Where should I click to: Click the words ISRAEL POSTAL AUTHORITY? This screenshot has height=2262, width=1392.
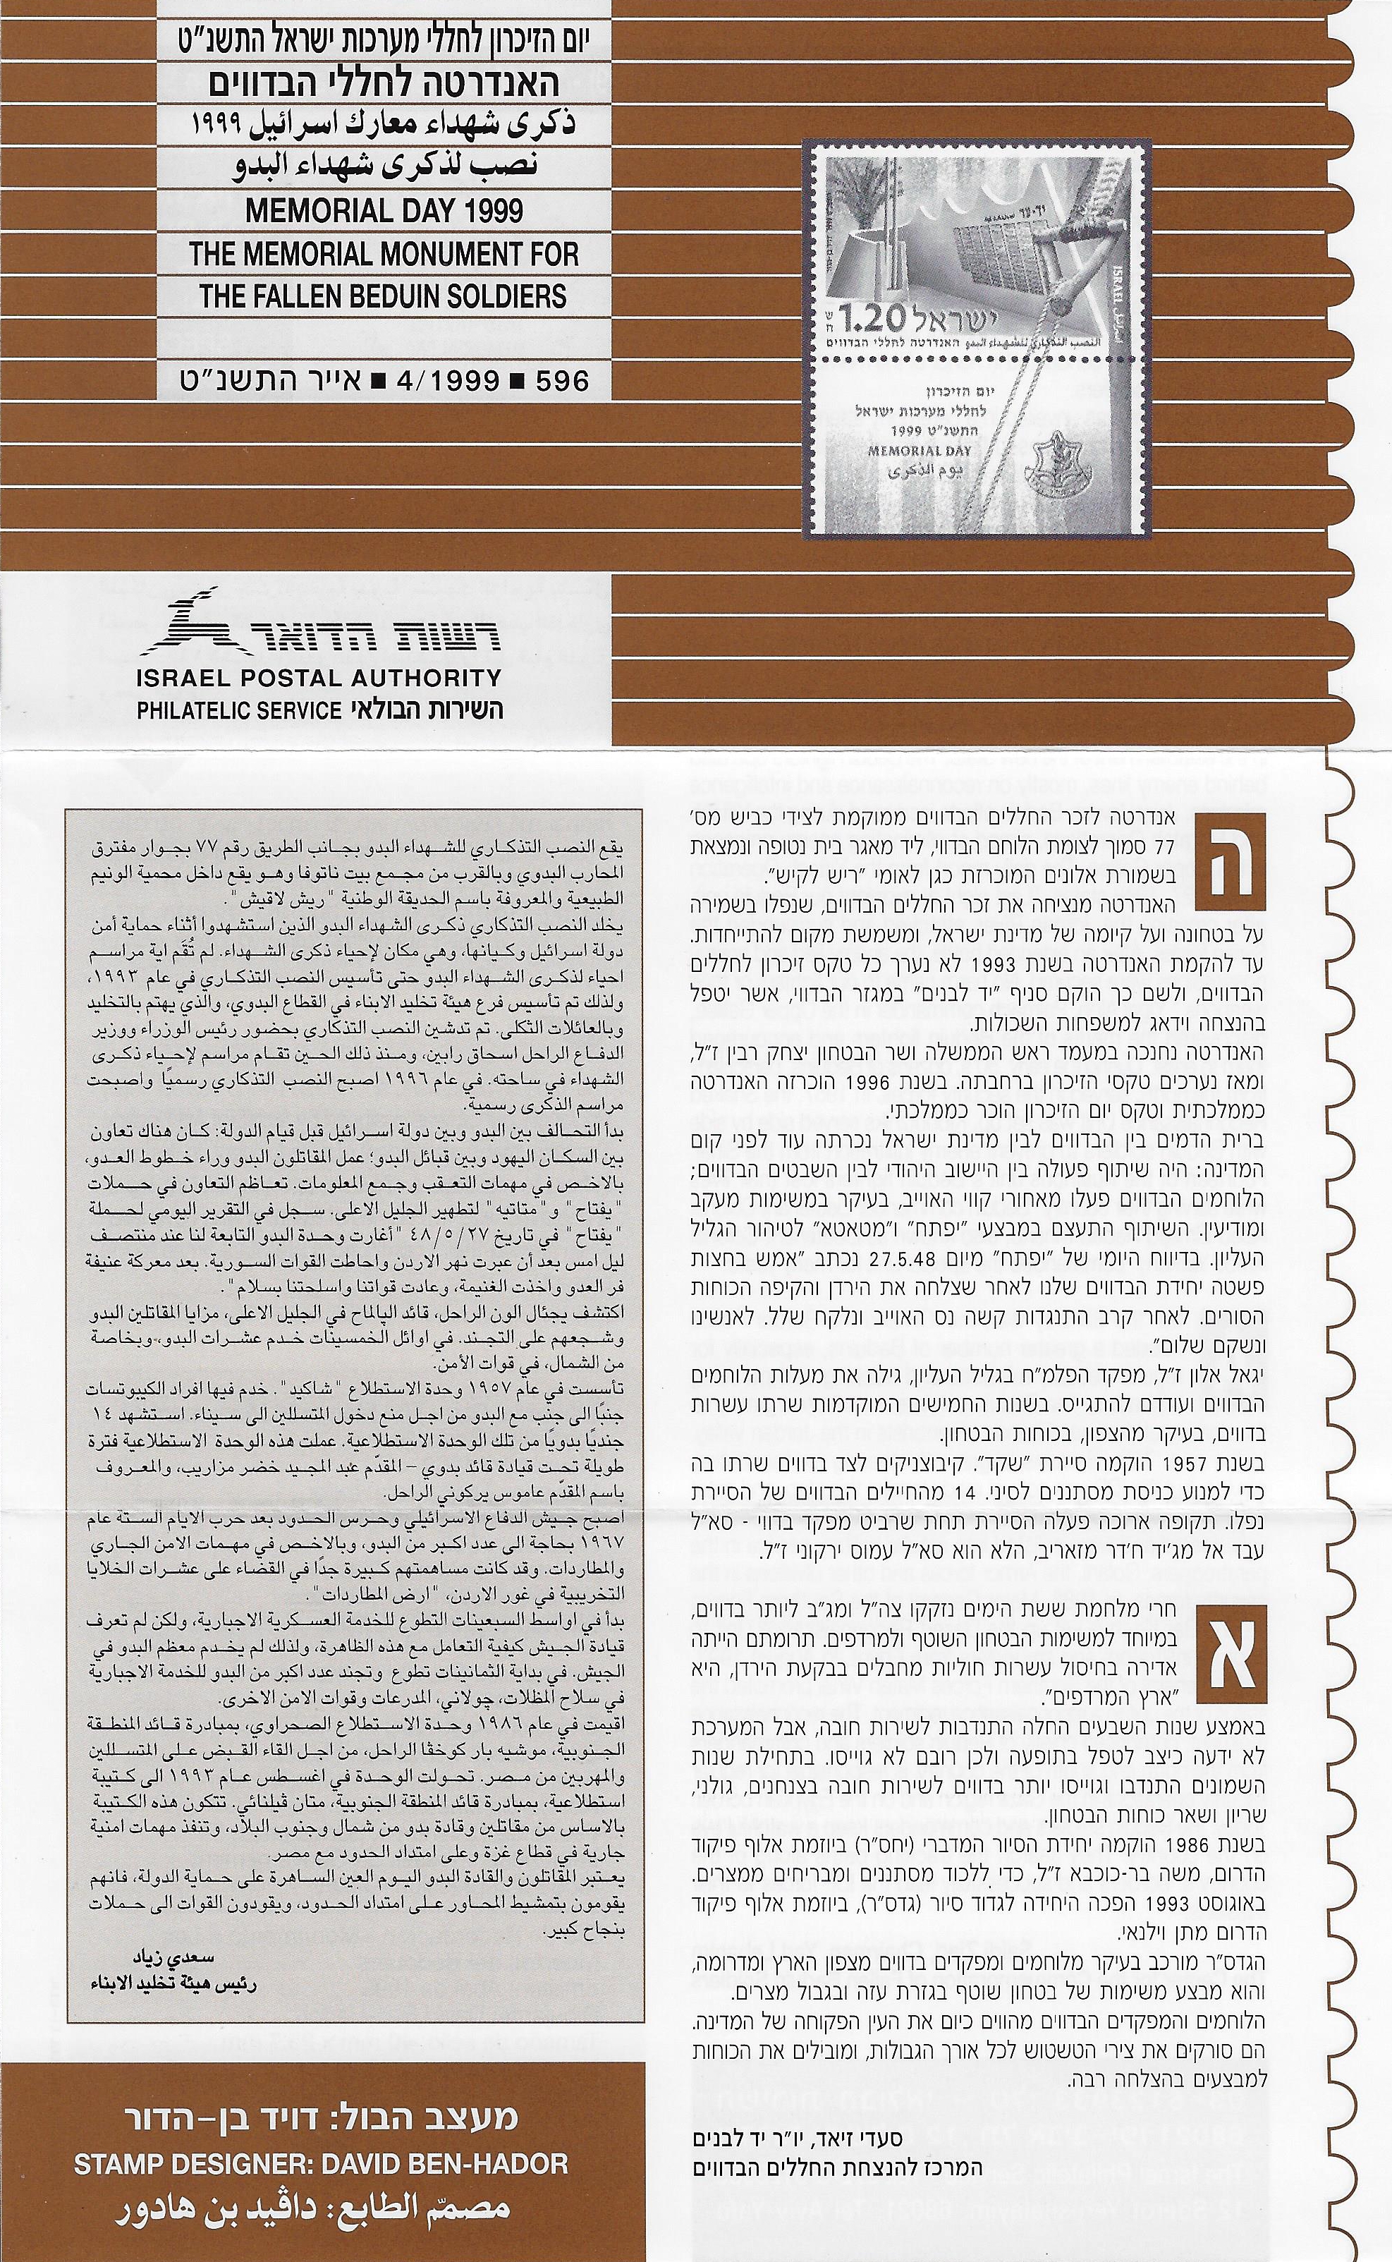[319, 679]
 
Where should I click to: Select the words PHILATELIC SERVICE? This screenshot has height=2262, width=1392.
[238, 711]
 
